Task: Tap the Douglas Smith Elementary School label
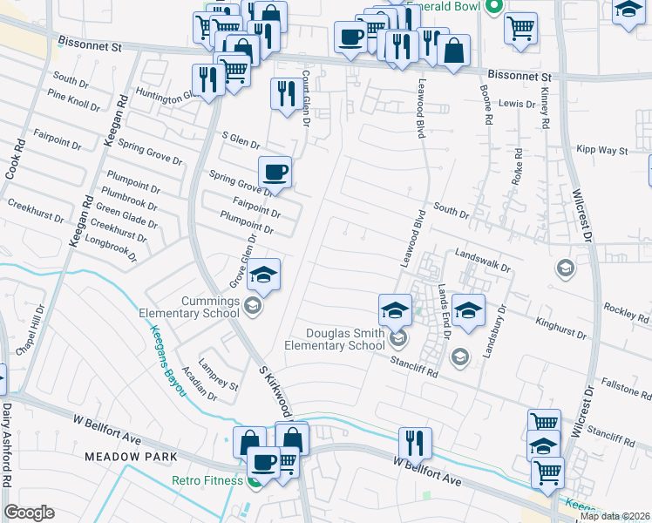345,339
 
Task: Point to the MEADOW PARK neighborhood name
131,457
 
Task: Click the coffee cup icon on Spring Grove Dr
275,173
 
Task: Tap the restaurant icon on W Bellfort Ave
415,443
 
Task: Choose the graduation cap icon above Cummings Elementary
263,276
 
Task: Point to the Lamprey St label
218,379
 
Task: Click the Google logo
29,513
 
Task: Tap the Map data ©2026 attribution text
614,516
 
